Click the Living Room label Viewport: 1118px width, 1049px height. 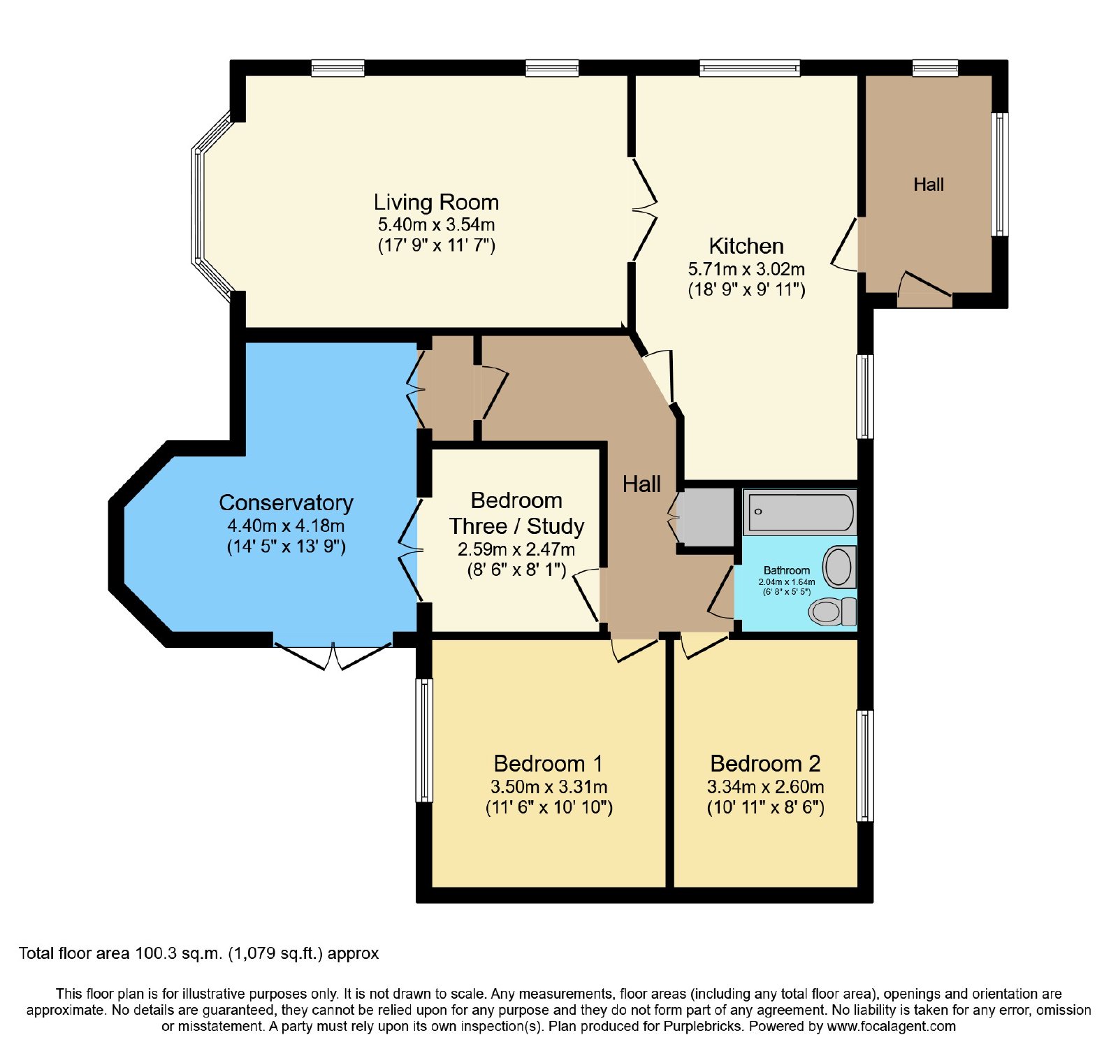pyautogui.click(x=436, y=202)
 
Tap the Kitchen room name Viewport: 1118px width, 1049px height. pyautogui.click(x=746, y=246)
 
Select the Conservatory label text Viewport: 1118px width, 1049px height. pyautogui.click(x=286, y=502)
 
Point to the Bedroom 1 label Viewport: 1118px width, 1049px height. pyautogui.click(x=548, y=763)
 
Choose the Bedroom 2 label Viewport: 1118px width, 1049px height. pyautogui.click(x=765, y=763)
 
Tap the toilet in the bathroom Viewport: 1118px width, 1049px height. pyautogui.click(x=832, y=612)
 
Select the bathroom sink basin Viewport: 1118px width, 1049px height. pyautogui.click(x=840, y=567)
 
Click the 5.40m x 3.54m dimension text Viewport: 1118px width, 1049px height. pyautogui.click(x=436, y=224)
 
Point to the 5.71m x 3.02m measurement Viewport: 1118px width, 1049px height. pyautogui.click(x=746, y=269)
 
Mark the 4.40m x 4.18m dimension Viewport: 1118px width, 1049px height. pyautogui.click(x=286, y=526)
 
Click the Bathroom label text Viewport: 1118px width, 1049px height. pyautogui.click(x=787, y=570)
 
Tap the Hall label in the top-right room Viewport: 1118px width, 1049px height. pyautogui.click(x=929, y=185)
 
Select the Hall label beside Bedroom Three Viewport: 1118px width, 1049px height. pyautogui.click(x=641, y=484)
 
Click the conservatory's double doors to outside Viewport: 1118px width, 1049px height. pyautogui.click(x=333, y=654)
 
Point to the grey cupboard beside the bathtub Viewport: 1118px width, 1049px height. pyautogui.click(x=705, y=517)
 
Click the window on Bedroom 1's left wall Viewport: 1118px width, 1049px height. pyautogui.click(x=424, y=740)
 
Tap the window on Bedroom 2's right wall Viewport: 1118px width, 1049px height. pyautogui.click(x=865, y=765)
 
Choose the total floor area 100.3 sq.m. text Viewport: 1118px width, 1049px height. pyautogui.click(x=198, y=953)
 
